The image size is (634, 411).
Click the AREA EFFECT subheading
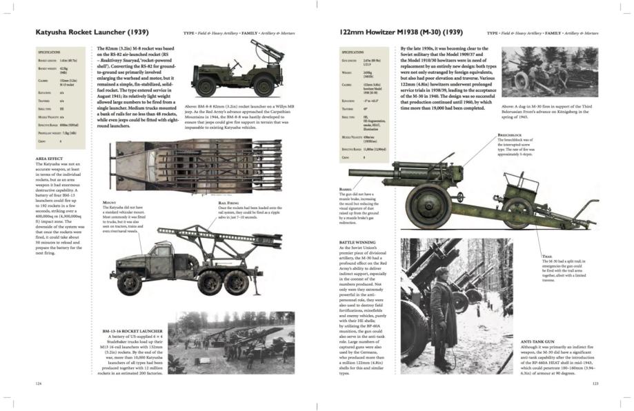click(49, 159)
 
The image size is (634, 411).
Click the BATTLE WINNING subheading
click(357, 243)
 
